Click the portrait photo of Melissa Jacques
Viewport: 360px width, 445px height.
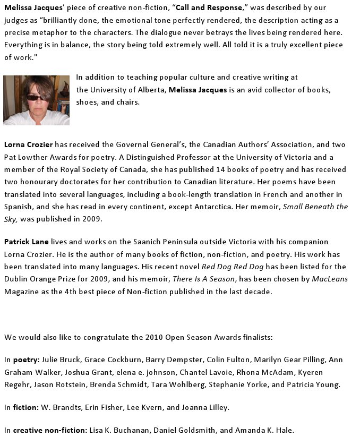click(x=36, y=100)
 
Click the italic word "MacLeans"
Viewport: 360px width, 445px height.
click(x=330, y=279)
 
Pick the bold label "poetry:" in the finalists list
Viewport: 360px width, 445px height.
click(x=27, y=360)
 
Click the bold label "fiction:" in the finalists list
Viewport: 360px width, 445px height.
click(x=26, y=407)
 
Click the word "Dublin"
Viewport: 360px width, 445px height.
click(x=18, y=279)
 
